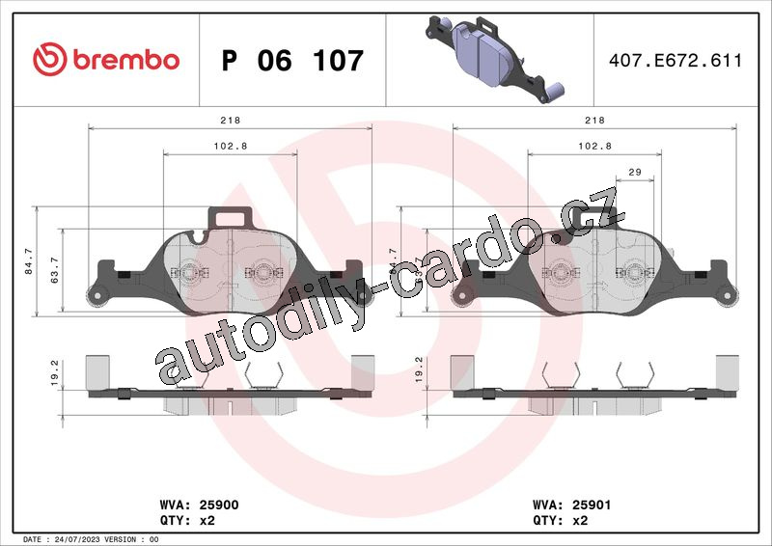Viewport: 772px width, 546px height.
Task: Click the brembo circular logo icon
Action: click(50, 59)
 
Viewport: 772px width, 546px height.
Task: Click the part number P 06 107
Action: click(292, 61)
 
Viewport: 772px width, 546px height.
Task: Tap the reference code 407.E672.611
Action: click(675, 60)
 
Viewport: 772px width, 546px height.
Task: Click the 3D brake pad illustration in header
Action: click(494, 59)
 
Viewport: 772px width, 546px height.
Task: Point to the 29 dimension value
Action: click(635, 172)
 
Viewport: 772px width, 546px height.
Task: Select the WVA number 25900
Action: click(219, 505)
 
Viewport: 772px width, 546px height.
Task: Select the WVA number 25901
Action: click(592, 505)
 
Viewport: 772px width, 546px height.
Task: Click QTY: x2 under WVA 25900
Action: click(187, 520)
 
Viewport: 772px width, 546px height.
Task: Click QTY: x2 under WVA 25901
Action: click(561, 520)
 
